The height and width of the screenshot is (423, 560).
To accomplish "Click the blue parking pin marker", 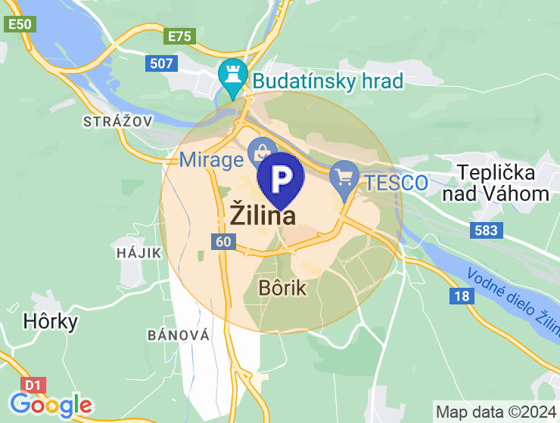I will [281, 178].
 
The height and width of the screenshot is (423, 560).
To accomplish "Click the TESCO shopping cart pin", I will [345, 178].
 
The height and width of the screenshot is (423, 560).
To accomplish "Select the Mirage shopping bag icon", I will [261, 151].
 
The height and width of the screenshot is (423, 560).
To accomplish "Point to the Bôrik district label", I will [282, 288].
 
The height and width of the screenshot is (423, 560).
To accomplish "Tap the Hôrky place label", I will [51, 322].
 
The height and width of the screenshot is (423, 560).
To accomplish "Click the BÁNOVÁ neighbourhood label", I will [178, 335].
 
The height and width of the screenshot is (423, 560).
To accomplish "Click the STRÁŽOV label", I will [118, 121].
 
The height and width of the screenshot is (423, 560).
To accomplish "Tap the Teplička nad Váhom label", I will [496, 184].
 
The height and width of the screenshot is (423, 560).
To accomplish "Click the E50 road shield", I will [20, 24].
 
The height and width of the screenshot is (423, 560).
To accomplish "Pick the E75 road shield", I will [181, 36].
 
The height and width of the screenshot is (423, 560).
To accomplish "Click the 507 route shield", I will [162, 63].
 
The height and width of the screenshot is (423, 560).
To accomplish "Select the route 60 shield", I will [223, 242].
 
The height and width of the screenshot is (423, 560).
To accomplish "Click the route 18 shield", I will [462, 296].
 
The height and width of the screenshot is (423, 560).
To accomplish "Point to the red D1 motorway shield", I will [32, 385].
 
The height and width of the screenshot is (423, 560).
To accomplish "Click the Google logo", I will [51, 405].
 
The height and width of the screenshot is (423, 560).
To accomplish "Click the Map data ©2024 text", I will [496, 412].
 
